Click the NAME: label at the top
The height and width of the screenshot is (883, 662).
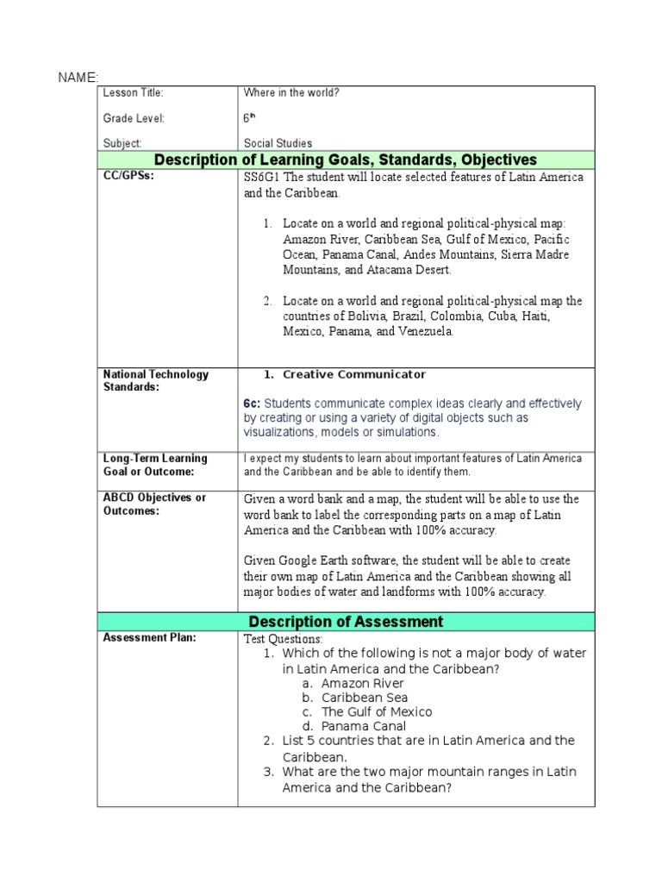pos(78,78)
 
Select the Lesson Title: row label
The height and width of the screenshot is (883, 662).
pos(134,93)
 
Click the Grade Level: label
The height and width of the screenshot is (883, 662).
pos(134,118)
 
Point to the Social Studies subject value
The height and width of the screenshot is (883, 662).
pos(278,143)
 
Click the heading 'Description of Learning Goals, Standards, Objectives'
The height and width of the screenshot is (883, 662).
pos(345,160)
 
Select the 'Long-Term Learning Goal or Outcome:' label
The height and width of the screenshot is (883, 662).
pos(155,465)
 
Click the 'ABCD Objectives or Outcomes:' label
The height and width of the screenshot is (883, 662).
pos(154,504)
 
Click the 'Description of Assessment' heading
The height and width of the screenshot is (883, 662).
pos(346,622)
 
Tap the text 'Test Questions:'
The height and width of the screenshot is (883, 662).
pos(284,639)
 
